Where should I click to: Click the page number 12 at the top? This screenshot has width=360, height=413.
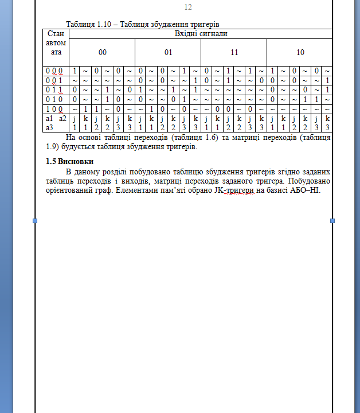click(x=188, y=7)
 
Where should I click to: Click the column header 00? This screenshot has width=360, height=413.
click(x=102, y=52)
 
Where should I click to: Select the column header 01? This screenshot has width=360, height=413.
click(x=168, y=52)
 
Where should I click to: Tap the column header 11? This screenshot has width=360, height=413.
click(x=234, y=52)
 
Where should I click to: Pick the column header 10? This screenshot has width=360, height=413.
click(x=300, y=52)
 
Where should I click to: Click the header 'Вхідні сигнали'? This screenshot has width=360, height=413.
click(x=201, y=34)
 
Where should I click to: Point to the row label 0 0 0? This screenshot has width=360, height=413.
click(x=56, y=71)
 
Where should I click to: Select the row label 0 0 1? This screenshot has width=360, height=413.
click(x=56, y=80)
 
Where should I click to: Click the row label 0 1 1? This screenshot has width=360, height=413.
click(x=56, y=89)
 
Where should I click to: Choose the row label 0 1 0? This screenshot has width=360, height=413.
click(x=56, y=99)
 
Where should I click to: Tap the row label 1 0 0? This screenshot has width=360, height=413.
click(x=56, y=108)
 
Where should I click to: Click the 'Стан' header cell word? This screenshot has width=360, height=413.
click(x=56, y=34)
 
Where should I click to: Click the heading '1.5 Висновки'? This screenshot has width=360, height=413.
click(x=70, y=161)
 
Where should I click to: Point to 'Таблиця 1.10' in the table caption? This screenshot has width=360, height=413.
click(x=88, y=25)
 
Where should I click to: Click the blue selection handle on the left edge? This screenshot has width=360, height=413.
click(x=35, y=221)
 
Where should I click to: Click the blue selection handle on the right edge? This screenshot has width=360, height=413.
click(x=332, y=221)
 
